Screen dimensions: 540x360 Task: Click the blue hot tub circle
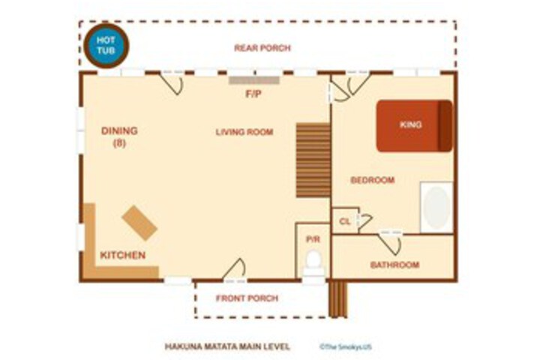pyautogui.click(x=106, y=46)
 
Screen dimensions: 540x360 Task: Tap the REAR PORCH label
pyautogui.click(x=262, y=48)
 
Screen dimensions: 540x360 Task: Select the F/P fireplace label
pyautogui.click(x=253, y=94)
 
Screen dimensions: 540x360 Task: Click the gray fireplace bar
pyautogui.click(x=254, y=80)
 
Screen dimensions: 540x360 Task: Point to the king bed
pyautogui.click(x=414, y=126)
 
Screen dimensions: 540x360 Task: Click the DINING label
pyautogui.click(x=119, y=131)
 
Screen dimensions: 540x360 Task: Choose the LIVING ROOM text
pyautogui.click(x=244, y=132)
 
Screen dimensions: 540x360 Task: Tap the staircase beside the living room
pyautogui.click(x=313, y=160)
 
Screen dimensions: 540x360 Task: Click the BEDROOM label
pyautogui.click(x=373, y=180)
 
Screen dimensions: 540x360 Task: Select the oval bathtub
pyautogui.click(x=436, y=208)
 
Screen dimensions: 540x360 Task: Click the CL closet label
pyautogui.click(x=345, y=221)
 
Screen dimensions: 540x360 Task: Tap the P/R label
pyautogui.click(x=313, y=239)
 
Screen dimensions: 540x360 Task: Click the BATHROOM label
pyautogui.click(x=395, y=265)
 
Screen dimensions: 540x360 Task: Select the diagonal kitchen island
pyautogui.click(x=139, y=223)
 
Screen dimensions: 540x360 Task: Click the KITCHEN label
pyautogui.click(x=123, y=255)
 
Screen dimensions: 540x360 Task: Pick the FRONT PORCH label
pyautogui.click(x=247, y=298)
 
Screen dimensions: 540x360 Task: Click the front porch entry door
pyautogui.click(x=234, y=270)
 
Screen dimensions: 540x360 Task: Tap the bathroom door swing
pyautogui.click(x=391, y=243)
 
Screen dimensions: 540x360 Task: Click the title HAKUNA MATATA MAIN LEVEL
pyautogui.click(x=227, y=346)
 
